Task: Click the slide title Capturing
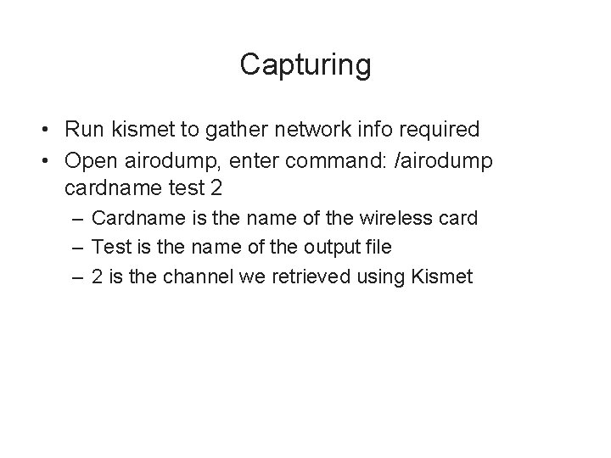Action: click(305, 64)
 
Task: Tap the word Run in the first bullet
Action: click(82, 130)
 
